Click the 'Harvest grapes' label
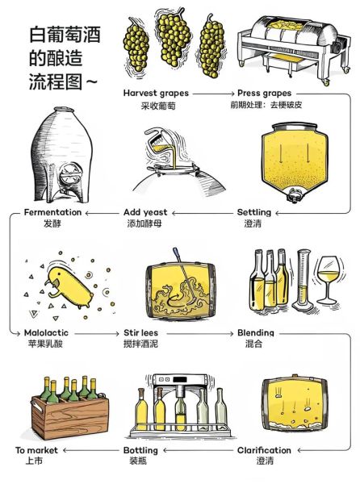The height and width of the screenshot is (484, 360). point(157,93)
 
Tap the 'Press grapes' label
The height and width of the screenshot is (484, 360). point(264,93)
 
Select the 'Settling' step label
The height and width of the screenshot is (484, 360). point(253,212)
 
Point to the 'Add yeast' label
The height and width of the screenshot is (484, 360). point(145,212)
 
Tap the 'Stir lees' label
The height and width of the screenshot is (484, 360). point(145,332)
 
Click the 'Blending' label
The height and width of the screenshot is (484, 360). point(256,332)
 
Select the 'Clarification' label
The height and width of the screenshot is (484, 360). point(264,450)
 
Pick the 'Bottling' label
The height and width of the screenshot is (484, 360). point(145,450)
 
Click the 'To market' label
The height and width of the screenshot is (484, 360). point(36,450)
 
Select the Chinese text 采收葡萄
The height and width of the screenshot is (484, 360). point(157,106)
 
